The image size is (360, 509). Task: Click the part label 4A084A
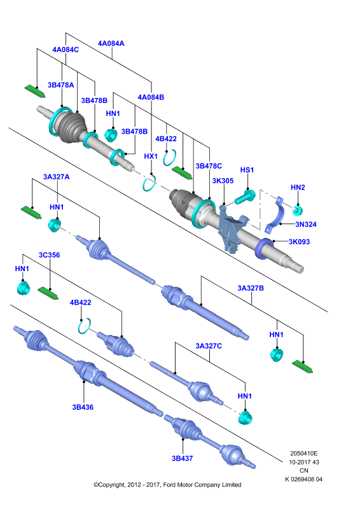click(111, 43)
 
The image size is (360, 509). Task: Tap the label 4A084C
click(66, 50)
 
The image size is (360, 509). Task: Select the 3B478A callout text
click(60, 85)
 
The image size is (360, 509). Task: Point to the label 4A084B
click(151, 97)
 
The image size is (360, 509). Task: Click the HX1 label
click(151, 156)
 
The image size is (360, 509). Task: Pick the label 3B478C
click(209, 166)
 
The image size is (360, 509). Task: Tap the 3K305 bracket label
click(223, 181)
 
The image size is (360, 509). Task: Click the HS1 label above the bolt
click(247, 170)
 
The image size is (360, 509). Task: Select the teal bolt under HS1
click(245, 197)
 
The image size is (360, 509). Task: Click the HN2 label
click(298, 187)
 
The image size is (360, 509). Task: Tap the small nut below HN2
click(297, 211)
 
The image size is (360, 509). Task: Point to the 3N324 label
click(306, 225)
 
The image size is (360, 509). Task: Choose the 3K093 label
click(299, 242)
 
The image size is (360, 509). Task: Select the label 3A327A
click(57, 177)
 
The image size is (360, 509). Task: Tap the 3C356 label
click(50, 255)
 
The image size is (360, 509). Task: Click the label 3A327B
click(251, 288)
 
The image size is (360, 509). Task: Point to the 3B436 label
click(83, 407)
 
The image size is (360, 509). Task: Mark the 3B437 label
click(182, 459)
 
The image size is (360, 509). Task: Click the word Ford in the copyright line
click(169, 485)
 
